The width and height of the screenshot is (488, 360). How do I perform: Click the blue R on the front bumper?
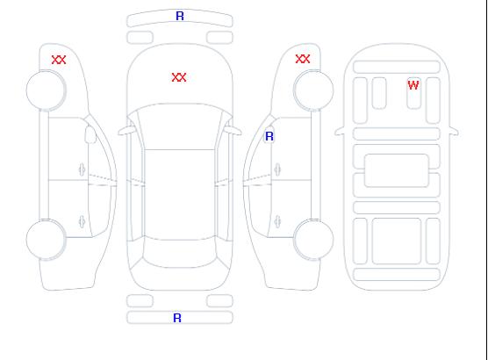[x=180, y=16]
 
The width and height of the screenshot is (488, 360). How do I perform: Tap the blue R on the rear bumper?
[x=177, y=318]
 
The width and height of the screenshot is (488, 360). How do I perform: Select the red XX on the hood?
[x=179, y=77]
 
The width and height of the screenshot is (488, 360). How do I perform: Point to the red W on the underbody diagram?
[x=413, y=85]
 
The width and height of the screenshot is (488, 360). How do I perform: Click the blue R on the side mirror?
[x=269, y=136]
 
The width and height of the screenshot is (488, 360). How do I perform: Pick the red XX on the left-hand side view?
[x=59, y=60]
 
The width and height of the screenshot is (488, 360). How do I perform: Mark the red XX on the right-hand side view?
[x=303, y=59]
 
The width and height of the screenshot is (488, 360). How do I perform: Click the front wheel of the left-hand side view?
[x=46, y=90]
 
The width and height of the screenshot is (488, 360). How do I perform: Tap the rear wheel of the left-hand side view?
[x=46, y=240]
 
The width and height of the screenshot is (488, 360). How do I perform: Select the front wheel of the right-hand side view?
[x=313, y=90]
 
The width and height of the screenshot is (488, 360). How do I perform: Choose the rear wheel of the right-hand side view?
[x=313, y=240]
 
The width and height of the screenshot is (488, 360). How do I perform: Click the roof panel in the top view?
[x=180, y=195]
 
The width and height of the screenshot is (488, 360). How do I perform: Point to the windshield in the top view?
[x=180, y=126]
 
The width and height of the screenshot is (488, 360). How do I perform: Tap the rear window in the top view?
[x=180, y=253]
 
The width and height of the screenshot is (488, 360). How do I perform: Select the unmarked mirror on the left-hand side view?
[x=90, y=134]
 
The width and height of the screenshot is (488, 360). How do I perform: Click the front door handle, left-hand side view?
[x=82, y=169]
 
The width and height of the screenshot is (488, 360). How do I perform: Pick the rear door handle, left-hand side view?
[x=82, y=221]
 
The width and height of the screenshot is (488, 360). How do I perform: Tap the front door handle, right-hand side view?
[x=277, y=169]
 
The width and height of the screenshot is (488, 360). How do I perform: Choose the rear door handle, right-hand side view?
[x=277, y=221]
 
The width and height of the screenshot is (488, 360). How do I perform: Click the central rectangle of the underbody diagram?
[x=397, y=170]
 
